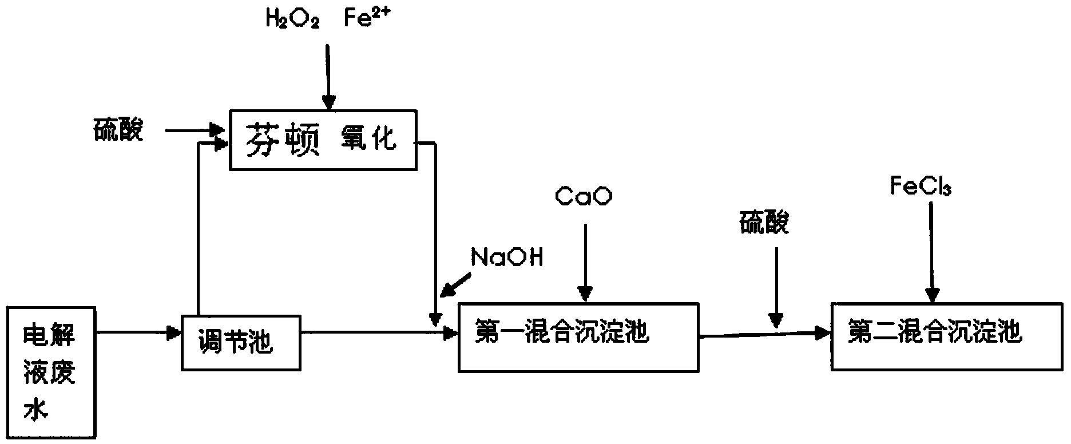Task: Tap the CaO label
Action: (x=584, y=196)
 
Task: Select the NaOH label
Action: (x=507, y=257)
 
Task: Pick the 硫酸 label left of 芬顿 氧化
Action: (x=118, y=130)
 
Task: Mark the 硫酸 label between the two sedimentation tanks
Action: (x=764, y=221)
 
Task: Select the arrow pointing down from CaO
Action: (x=585, y=263)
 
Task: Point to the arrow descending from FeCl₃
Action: (x=933, y=252)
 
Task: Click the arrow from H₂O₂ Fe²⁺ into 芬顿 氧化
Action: (x=328, y=77)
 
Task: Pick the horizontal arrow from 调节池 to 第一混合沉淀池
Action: (x=379, y=332)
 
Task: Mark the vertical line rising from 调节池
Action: (x=197, y=229)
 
